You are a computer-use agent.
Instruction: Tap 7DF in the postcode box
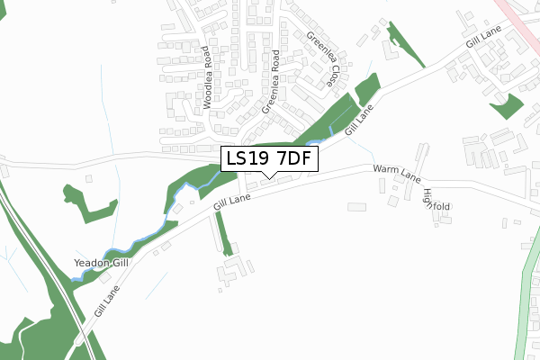(x=293, y=160)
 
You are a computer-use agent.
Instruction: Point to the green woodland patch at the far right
(x=506, y=104)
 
